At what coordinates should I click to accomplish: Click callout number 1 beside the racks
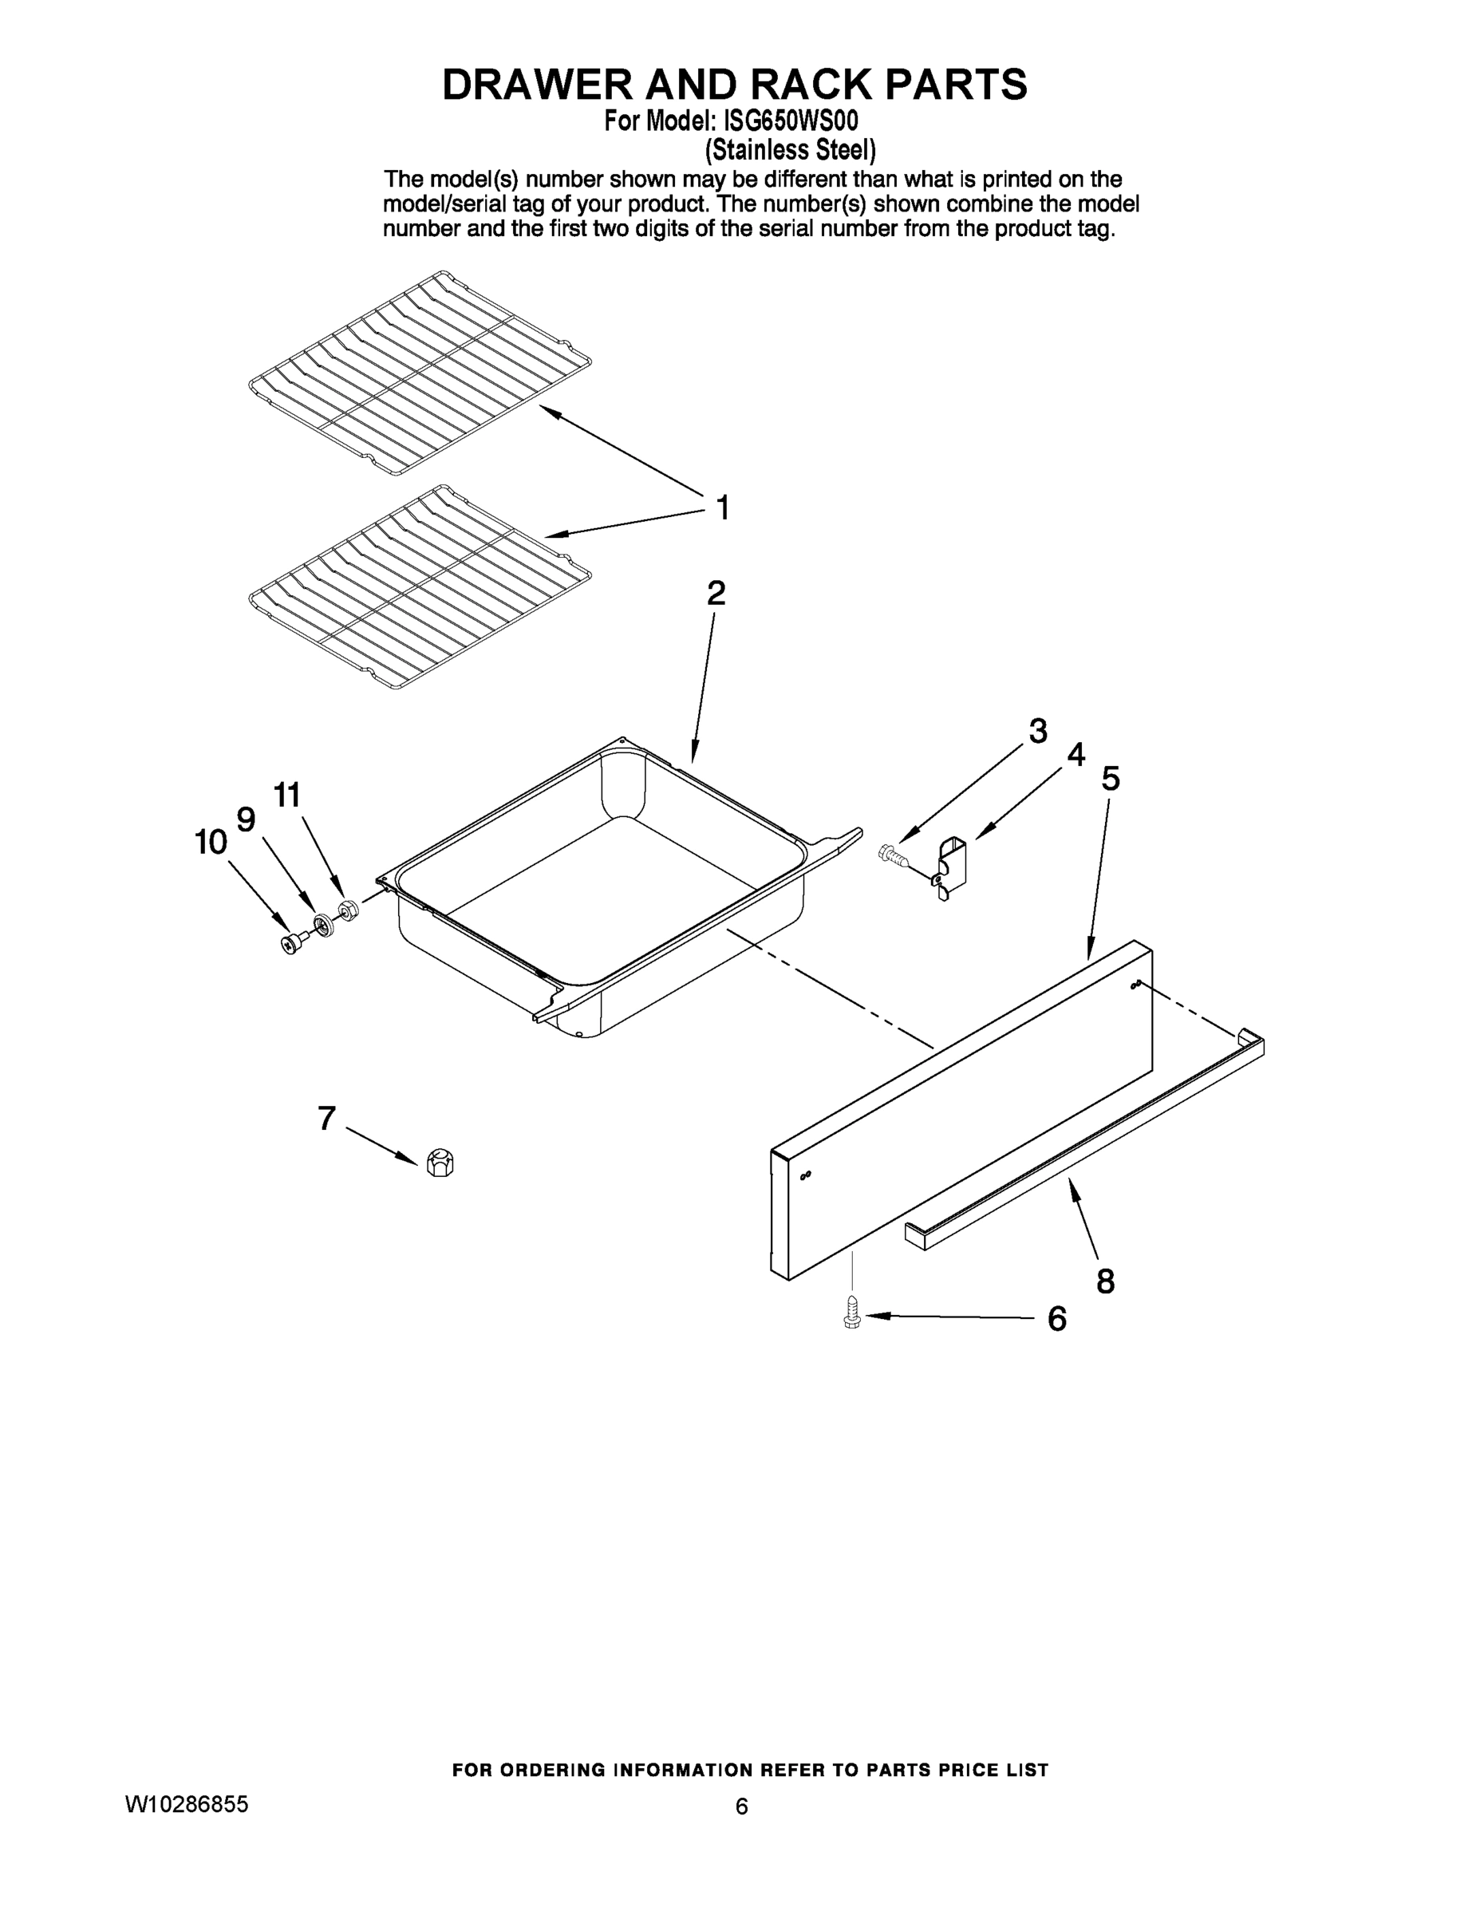click(x=723, y=507)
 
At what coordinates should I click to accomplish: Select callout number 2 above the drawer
click(x=716, y=594)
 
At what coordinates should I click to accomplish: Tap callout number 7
click(x=326, y=1118)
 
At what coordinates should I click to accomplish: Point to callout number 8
click(x=1106, y=1281)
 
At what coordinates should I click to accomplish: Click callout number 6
click(x=1057, y=1319)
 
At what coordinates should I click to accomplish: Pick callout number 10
click(x=211, y=843)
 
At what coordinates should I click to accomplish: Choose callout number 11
click(x=286, y=796)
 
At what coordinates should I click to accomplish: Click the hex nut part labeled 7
click(x=438, y=1163)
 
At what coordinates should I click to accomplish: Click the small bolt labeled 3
click(x=891, y=854)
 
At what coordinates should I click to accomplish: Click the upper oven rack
click(x=419, y=373)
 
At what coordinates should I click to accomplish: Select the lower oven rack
click(x=419, y=586)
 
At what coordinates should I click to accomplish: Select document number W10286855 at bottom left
click(x=187, y=1803)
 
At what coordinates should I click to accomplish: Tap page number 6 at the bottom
click(x=741, y=1806)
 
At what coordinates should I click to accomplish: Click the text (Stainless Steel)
click(x=790, y=150)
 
